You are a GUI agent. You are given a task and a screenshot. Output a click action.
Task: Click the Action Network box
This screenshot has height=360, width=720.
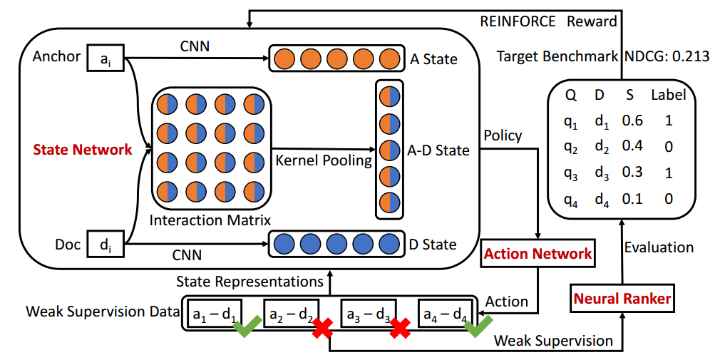538,254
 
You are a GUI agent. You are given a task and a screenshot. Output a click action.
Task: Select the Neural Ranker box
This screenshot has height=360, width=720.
622,299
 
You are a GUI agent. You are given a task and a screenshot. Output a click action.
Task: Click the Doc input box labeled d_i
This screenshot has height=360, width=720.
105,245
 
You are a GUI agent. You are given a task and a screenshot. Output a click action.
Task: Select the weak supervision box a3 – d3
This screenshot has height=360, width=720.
368,312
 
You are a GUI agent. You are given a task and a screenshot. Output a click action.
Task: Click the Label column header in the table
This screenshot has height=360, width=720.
668,95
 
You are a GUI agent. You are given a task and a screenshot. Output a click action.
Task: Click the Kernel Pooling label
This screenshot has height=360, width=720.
324,160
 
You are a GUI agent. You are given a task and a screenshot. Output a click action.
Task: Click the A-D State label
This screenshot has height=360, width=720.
438,150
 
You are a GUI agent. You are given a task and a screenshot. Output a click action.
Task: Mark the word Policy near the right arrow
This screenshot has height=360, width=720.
503,135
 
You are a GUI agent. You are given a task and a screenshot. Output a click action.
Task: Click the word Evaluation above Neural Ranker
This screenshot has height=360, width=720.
659,247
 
